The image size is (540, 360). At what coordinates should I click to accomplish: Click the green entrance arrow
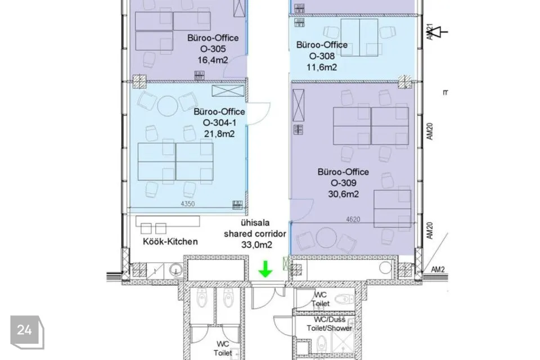pos(265,269)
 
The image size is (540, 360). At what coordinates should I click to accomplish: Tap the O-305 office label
pos(213,49)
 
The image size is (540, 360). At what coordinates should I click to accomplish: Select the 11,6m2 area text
pos(322,67)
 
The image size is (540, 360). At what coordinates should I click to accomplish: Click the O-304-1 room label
pos(219,123)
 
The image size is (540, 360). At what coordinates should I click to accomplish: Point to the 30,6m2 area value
pos(343,194)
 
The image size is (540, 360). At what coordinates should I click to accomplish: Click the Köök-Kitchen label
pos(170,241)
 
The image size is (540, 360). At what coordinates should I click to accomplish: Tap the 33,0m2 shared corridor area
pos(256,245)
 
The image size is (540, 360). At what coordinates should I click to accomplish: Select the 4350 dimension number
pos(188,204)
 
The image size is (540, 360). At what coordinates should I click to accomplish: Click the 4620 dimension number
pos(353,219)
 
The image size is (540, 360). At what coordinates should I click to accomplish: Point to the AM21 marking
pos(429,31)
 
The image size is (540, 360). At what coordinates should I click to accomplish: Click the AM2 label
pos(438,269)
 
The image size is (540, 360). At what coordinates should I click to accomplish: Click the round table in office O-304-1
pos(168,105)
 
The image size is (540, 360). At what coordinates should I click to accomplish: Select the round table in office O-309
pos(326,237)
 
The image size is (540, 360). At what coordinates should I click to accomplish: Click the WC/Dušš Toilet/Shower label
pos(330,324)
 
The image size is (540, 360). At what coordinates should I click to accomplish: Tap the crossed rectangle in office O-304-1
pos(228,91)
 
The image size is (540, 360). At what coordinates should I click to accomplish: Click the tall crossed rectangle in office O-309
pos(298,105)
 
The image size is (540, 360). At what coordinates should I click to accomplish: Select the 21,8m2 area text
pos(219,134)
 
